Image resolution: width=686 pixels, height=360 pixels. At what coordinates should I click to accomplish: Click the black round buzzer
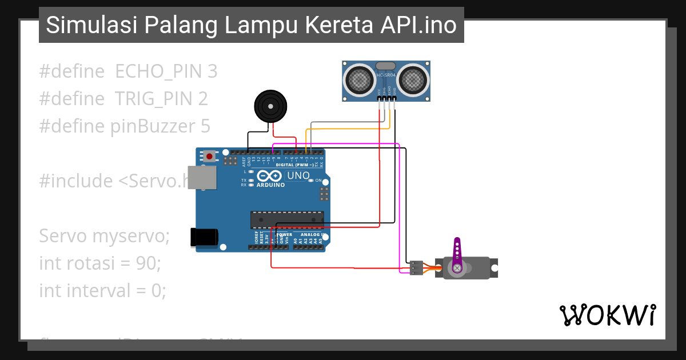[x=270, y=106]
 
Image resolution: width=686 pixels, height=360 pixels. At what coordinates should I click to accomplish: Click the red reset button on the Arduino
[x=210, y=156]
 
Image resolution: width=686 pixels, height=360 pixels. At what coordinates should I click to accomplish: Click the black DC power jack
[x=204, y=237]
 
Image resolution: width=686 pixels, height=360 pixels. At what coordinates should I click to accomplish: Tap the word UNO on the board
[x=297, y=175]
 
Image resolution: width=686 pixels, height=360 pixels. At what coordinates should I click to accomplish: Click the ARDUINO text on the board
[x=270, y=185]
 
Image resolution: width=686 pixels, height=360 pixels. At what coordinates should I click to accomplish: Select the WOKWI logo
[x=607, y=315]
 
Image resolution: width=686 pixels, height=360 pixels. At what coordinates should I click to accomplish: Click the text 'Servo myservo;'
[x=104, y=236]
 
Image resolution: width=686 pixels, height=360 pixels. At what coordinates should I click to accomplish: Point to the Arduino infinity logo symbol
[x=269, y=175]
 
